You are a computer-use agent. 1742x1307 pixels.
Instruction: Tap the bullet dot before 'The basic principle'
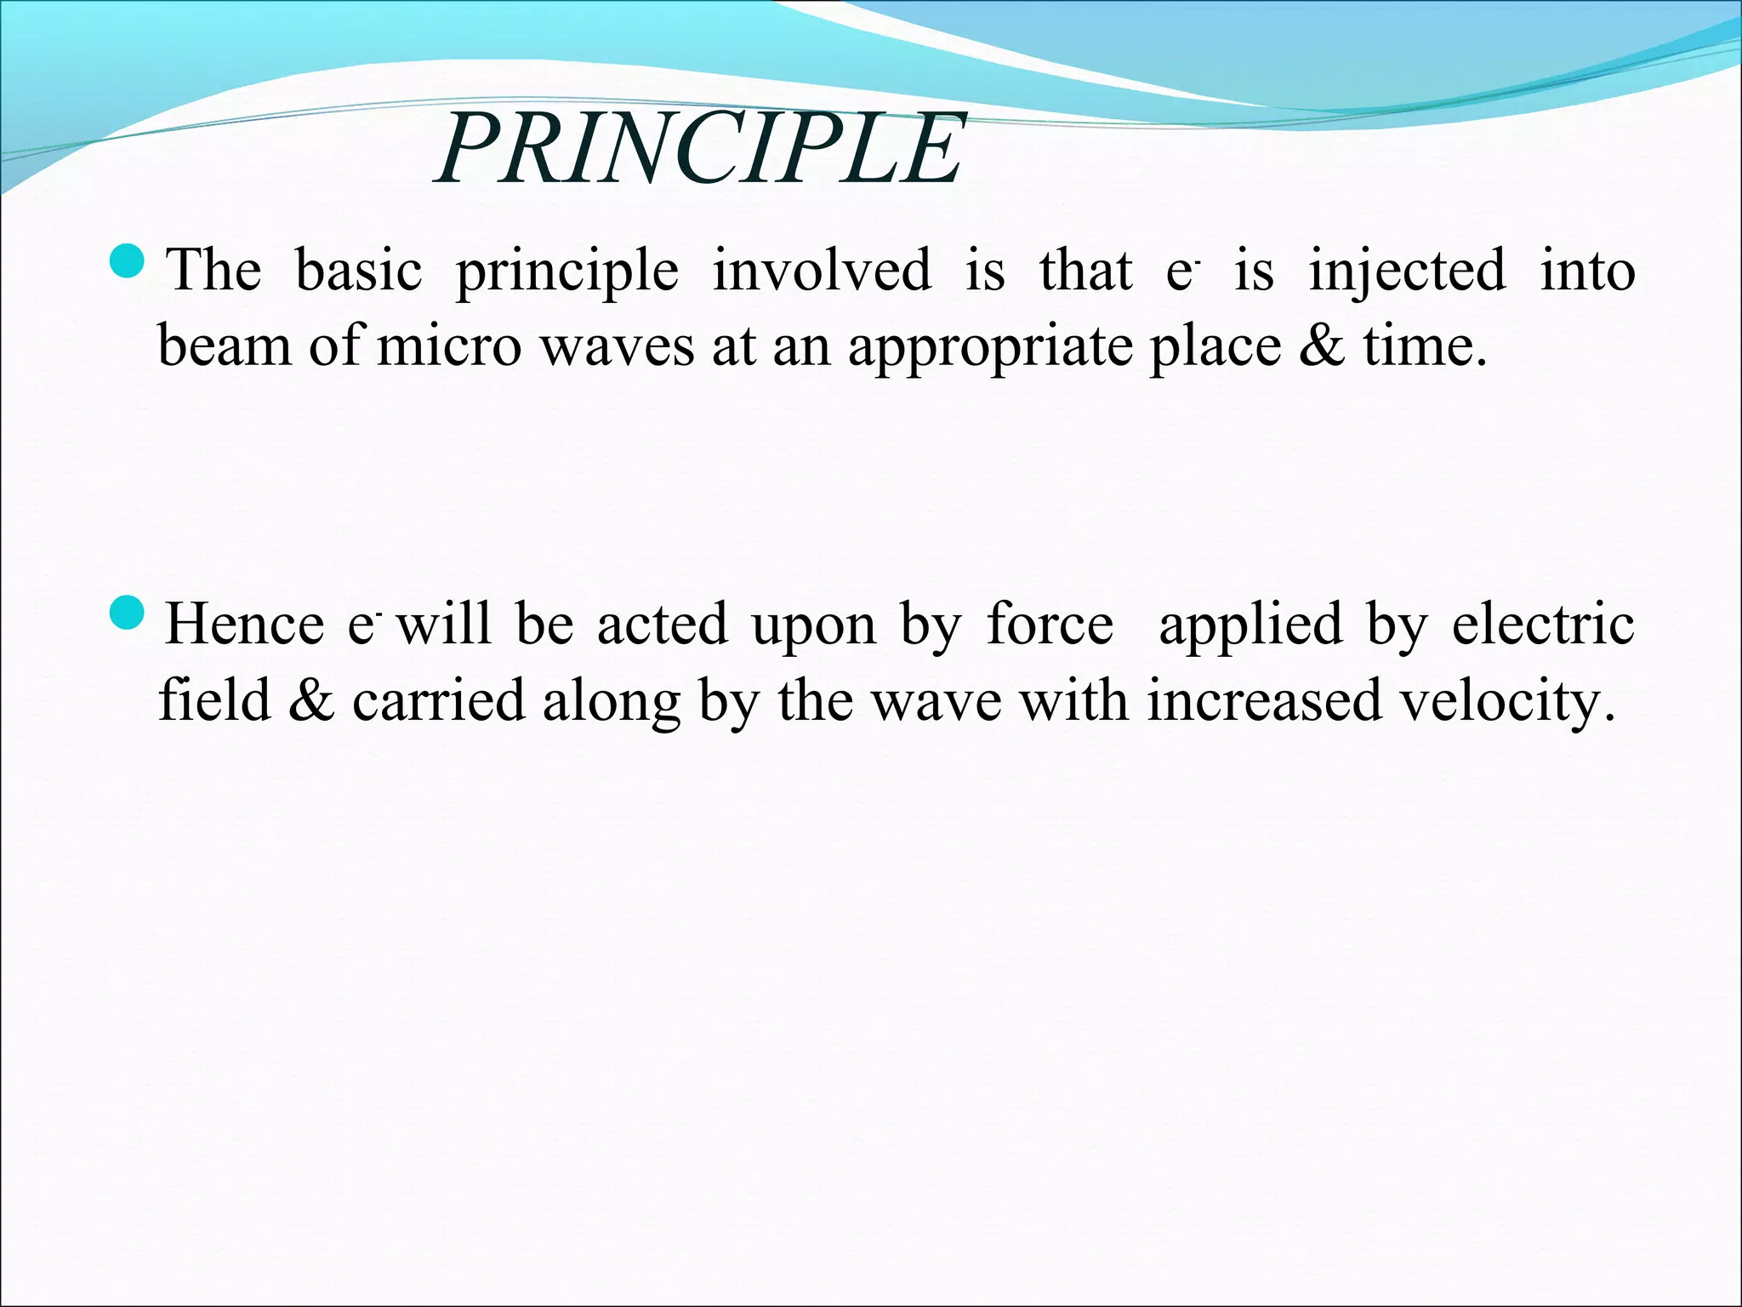click(x=130, y=260)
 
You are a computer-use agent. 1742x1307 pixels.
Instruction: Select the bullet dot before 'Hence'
click(x=130, y=614)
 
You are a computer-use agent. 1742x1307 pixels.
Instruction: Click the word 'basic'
click(x=358, y=271)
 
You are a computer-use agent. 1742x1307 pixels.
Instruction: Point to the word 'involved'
click(x=822, y=271)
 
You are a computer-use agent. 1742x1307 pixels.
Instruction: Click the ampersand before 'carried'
click(x=311, y=702)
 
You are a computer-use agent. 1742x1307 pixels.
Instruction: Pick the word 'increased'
click(x=1264, y=702)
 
